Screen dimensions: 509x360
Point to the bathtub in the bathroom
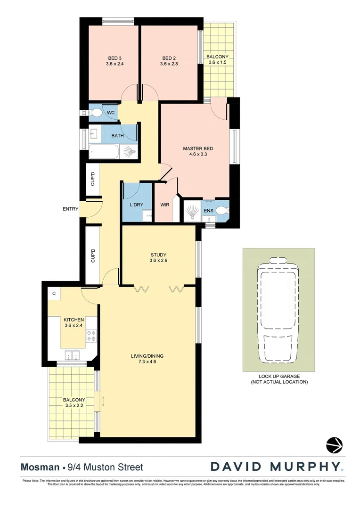[104, 151]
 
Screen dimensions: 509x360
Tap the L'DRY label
[136, 205]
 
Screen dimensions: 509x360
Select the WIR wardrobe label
[164, 205]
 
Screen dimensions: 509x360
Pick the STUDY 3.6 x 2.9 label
[158, 258]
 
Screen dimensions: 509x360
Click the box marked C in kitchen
[54, 293]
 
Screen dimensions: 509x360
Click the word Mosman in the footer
[40, 468]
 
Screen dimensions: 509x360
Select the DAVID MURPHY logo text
[277, 467]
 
